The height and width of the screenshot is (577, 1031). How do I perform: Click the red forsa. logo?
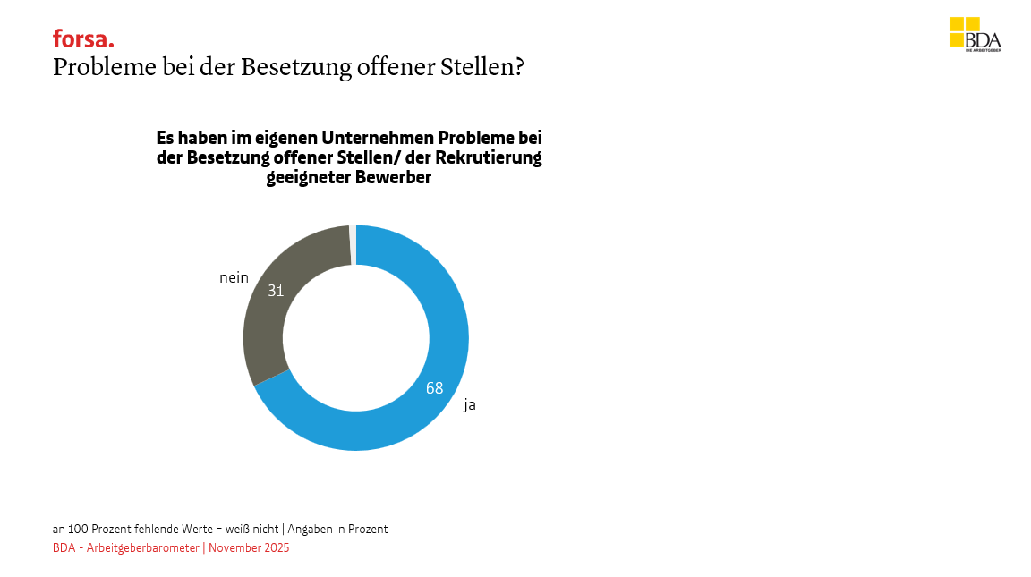point(83,38)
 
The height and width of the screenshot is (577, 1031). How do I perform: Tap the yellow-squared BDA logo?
point(975,34)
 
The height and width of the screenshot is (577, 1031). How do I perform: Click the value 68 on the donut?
point(435,388)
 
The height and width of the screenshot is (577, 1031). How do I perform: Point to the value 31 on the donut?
point(276,291)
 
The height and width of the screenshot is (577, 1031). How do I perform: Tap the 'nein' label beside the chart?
point(234,278)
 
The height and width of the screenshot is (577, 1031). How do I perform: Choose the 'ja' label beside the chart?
point(469,405)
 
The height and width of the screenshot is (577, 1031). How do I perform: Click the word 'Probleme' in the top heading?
point(96,68)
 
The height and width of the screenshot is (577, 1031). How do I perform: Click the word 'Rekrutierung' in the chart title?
point(490,158)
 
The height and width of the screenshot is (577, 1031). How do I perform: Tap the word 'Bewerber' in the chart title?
point(394,177)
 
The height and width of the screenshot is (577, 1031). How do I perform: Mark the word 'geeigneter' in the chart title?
point(309,178)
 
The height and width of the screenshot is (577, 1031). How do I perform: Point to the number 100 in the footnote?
point(79,529)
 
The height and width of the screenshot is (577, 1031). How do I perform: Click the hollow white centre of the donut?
point(355,338)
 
